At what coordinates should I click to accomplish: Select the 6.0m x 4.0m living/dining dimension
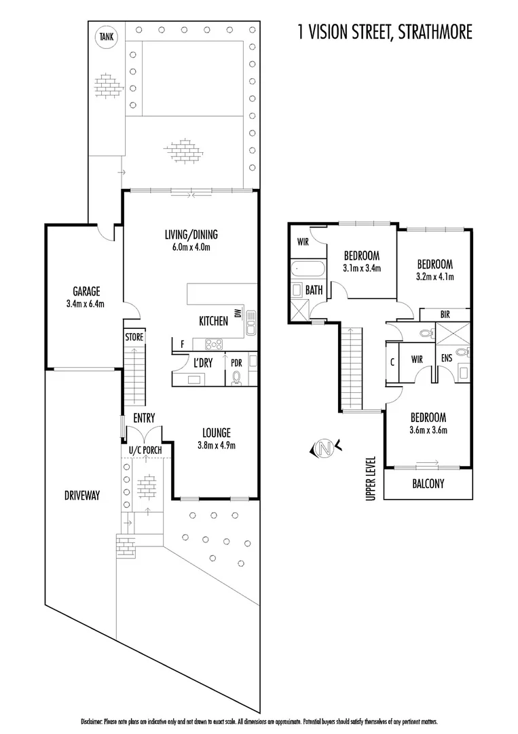click(x=191, y=247)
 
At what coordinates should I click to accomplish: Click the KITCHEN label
click(x=213, y=321)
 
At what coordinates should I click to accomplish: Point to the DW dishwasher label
click(x=237, y=313)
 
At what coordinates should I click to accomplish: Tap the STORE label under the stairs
click(x=134, y=336)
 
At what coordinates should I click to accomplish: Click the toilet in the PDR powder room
click(x=237, y=378)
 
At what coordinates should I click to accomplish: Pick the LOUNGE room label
click(x=217, y=432)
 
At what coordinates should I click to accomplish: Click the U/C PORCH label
click(x=145, y=450)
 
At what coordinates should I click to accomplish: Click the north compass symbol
click(x=324, y=449)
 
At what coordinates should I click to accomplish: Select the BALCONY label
click(x=428, y=484)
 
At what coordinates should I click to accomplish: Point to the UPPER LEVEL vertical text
click(x=370, y=478)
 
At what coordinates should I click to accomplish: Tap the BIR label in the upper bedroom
click(x=445, y=314)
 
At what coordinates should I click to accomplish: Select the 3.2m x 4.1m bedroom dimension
click(x=434, y=277)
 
